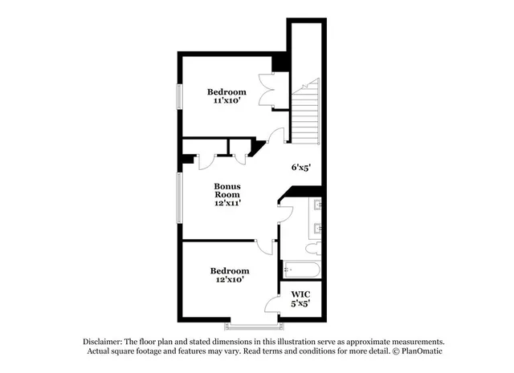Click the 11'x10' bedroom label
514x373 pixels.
[x=227, y=97]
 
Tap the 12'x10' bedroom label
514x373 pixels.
[x=230, y=275]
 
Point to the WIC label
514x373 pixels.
[x=300, y=294]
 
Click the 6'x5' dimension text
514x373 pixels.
[x=300, y=168]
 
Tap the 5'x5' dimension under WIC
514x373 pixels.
[x=300, y=303]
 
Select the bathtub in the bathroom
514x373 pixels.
[x=301, y=270]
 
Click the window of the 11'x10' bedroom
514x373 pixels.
[x=179, y=96]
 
